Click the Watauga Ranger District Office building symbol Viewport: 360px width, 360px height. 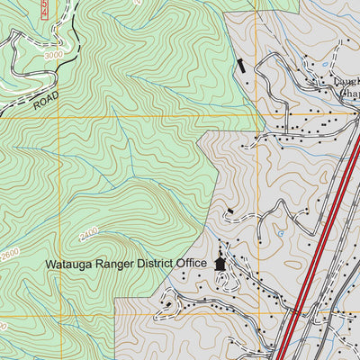click(x=220, y=264)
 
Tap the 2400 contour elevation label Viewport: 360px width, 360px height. click(x=88, y=236)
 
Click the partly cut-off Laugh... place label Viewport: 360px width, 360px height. click(x=346, y=82)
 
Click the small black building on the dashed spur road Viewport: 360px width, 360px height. click(x=229, y=211)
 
